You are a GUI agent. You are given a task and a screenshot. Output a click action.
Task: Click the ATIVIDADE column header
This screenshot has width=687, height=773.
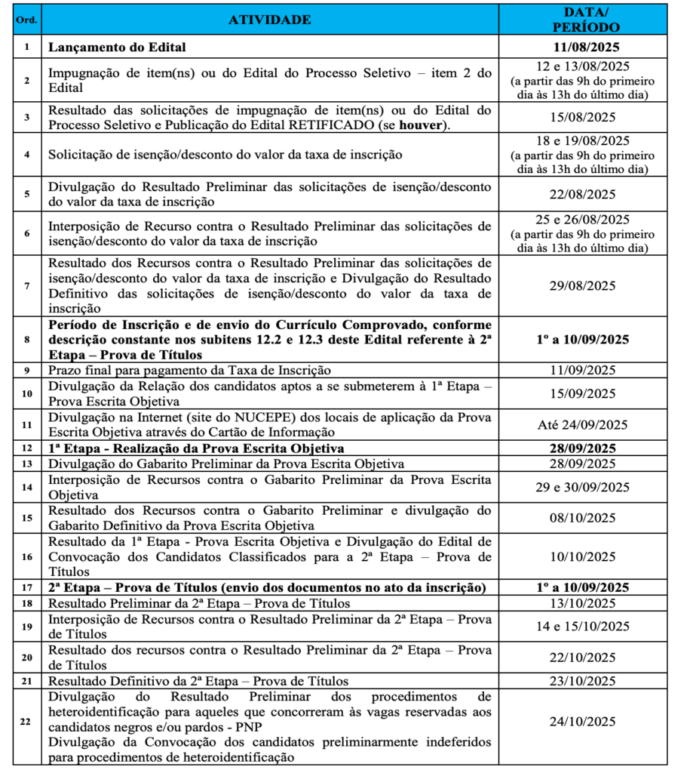269,20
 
